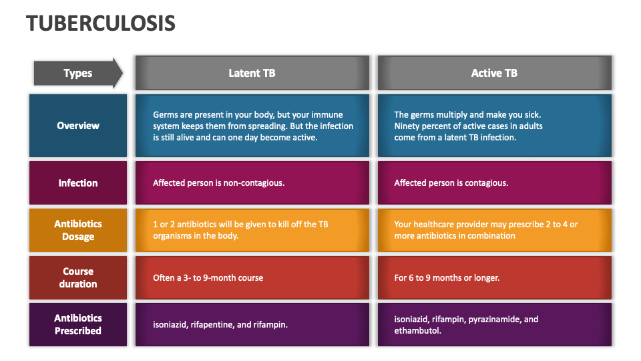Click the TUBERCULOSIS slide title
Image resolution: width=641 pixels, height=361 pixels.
pos(101,23)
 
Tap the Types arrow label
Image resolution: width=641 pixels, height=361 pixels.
pos(77,73)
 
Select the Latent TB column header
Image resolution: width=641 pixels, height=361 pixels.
pos(252,73)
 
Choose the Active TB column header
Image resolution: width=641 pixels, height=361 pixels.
pos(494,73)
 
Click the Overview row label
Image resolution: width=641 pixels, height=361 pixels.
pos(77,126)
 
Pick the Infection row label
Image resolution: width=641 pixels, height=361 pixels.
pos(77,183)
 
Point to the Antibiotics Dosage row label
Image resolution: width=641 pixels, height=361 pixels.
pos(77,230)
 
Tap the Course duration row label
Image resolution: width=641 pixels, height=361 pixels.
pos(77,277)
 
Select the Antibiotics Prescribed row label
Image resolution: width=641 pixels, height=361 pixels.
pos(77,324)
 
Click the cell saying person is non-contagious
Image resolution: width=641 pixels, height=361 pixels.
pos(218,183)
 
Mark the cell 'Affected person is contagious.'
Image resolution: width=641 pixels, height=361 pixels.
pos(451,183)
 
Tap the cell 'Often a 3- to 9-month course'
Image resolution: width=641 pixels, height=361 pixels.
pos(208,277)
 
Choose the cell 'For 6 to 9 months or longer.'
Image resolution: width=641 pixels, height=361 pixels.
pos(447,277)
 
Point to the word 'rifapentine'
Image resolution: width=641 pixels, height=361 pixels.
pos(212,324)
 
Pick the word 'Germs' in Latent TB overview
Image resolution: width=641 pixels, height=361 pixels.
pos(166,114)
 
